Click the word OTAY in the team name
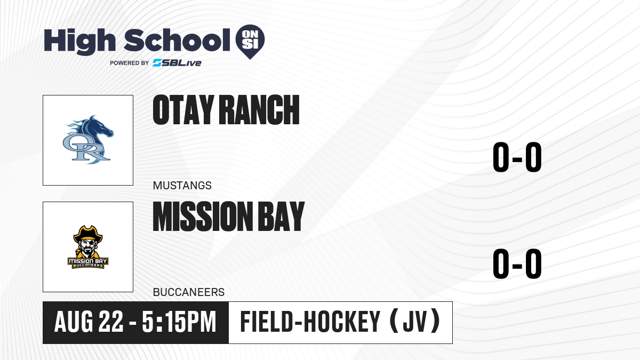[183, 110]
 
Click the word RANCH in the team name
[259, 110]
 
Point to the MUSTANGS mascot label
[182, 186]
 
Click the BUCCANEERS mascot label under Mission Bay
[189, 292]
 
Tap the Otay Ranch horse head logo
[89, 140]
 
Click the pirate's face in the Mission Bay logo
[88, 247]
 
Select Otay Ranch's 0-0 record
[517, 157]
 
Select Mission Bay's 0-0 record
[517, 263]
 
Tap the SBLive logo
[177, 63]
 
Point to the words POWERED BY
[130, 63]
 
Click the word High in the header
[80, 41]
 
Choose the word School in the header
[177, 40]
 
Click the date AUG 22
[89, 322]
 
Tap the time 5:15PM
[179, 322]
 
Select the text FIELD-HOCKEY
[310, 322]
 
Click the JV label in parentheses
[415, 322]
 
